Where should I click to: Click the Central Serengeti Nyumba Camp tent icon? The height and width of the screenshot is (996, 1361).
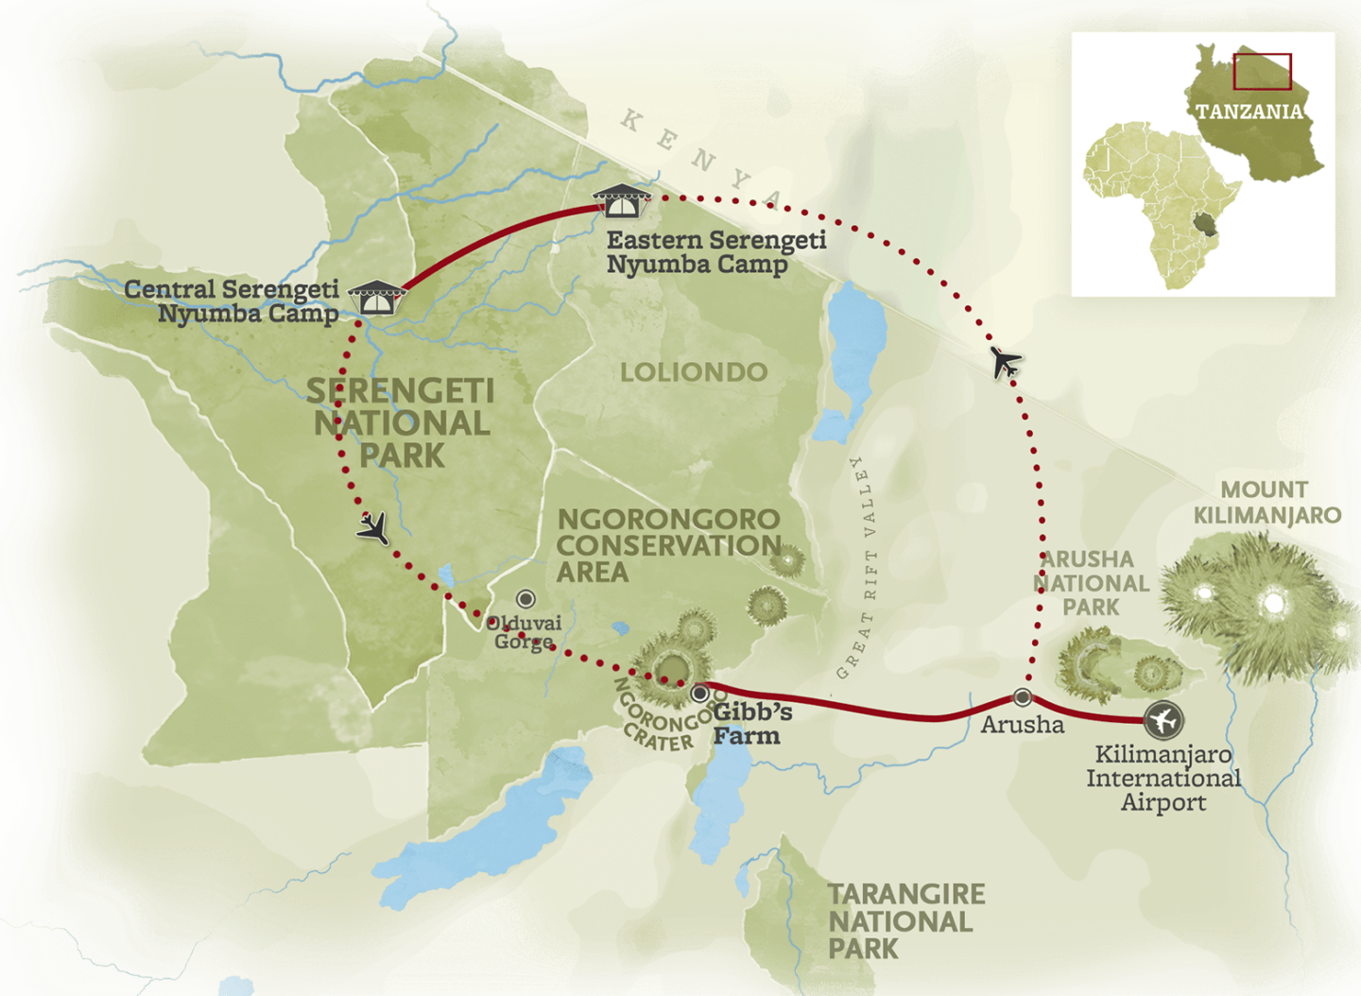[377, 298]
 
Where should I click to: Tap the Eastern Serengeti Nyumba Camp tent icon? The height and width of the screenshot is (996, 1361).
[622, 200]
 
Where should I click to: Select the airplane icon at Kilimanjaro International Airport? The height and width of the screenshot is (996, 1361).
[1163, 721]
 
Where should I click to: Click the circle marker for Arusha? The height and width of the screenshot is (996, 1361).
[1023, 697]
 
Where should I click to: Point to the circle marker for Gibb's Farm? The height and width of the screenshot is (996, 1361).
[700, 694]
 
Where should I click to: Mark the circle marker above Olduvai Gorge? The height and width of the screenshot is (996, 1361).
[525, 599]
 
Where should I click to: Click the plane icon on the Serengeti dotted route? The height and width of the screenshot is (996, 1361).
[374, 528]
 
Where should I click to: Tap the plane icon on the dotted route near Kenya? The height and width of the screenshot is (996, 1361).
[1007, 362]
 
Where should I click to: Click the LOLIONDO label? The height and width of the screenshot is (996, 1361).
[694, 372]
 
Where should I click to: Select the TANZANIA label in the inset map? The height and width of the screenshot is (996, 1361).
[1249, 112]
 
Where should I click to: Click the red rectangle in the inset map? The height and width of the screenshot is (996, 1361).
[1262, 72]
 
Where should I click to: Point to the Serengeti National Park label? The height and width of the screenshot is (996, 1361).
[401, 423]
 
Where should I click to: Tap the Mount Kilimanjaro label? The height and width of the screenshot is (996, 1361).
[1266, 503]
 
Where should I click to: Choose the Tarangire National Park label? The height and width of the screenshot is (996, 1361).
[905, 921]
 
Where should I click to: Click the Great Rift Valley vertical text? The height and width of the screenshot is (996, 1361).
[857, 567]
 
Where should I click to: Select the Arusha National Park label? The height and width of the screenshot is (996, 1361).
[1091, 583]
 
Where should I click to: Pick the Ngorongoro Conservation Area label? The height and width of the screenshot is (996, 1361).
[668, 545]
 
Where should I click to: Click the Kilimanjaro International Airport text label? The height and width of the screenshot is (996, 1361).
[1163, 779]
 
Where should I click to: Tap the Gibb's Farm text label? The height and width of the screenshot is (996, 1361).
[747, 724]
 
